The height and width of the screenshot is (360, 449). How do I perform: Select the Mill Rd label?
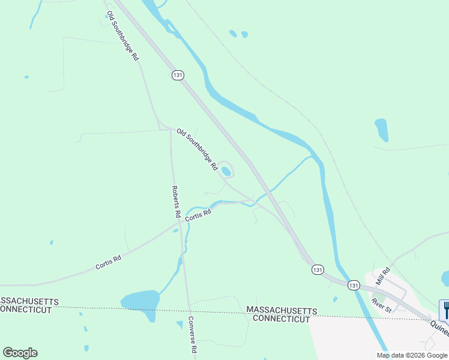382,276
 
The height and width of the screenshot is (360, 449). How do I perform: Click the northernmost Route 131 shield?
177,75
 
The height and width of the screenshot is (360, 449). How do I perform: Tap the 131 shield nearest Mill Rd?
354,285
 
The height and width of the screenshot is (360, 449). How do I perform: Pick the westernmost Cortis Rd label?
108,262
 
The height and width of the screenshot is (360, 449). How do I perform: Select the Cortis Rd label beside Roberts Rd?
198,215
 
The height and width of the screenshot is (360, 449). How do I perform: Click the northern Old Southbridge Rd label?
122,35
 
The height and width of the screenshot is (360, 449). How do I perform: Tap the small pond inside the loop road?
226,172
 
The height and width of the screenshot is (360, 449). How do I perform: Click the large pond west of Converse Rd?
140,301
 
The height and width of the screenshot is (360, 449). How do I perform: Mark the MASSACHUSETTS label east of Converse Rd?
282,310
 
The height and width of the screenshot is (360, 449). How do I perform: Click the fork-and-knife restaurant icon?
445,309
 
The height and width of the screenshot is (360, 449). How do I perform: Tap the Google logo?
20,353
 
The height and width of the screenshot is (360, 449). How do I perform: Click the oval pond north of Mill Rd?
381,130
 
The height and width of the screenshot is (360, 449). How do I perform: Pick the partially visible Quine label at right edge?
439,331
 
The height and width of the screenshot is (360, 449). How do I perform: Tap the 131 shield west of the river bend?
318,270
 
